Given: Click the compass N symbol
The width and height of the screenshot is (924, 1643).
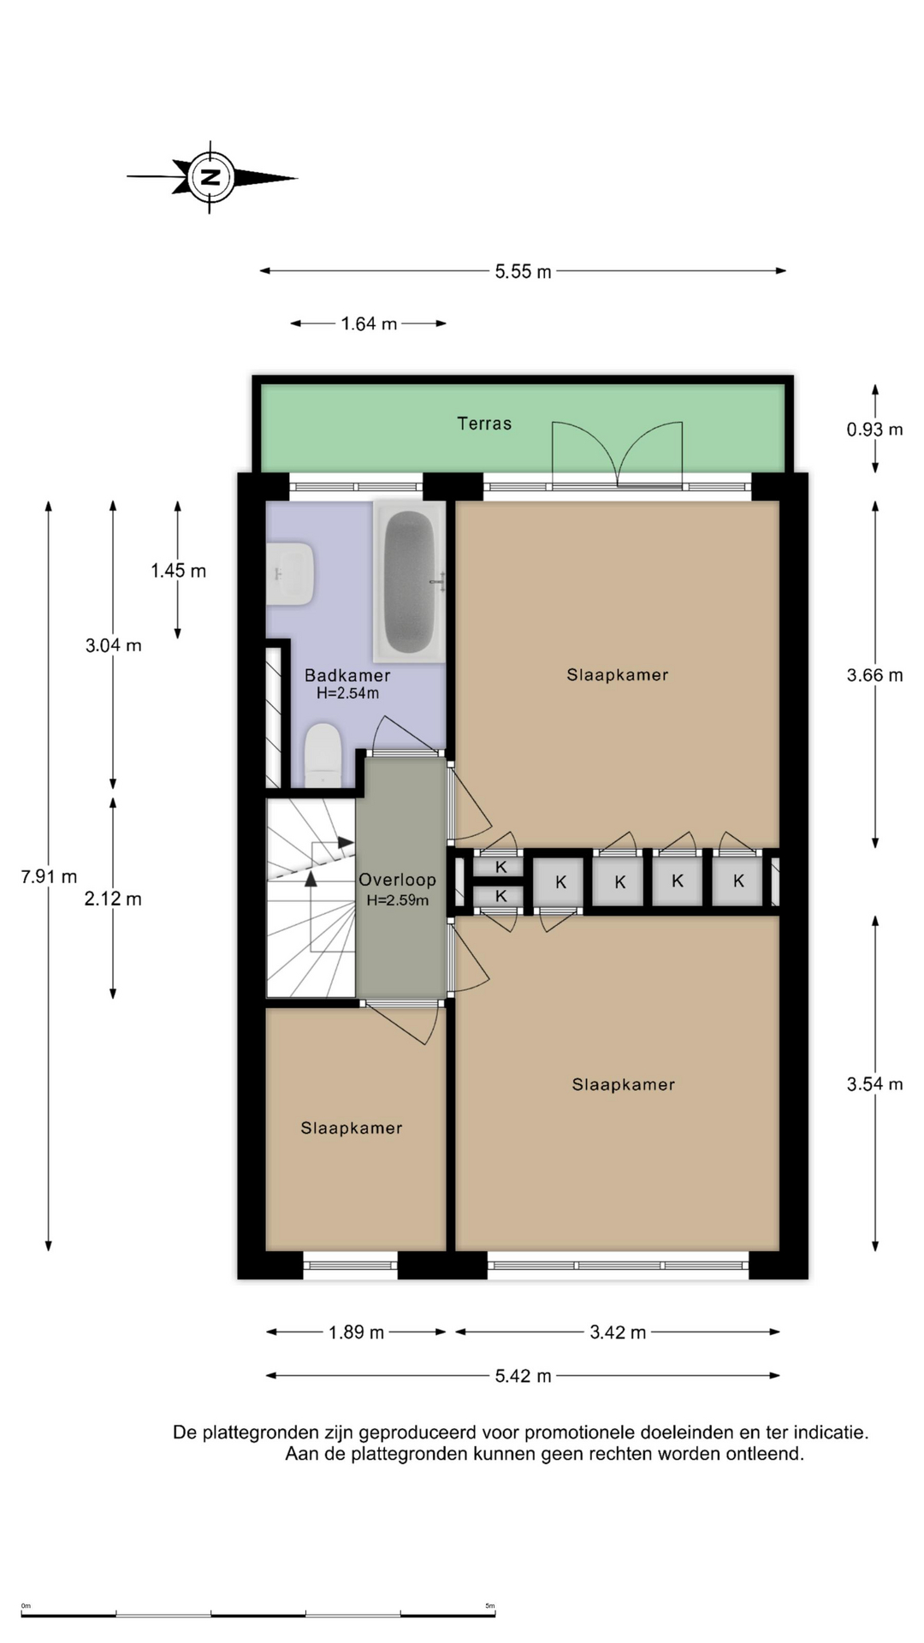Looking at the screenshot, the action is pyautogui.click(x=210, y=177).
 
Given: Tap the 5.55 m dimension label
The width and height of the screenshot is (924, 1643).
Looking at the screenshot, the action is pyautogui.click(x=523, y=271).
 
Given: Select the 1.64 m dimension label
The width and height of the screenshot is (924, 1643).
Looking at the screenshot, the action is pyautogui.click(x=369, y=323).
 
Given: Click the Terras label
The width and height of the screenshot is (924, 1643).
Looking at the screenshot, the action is pyautogui.click(x=484, y=424).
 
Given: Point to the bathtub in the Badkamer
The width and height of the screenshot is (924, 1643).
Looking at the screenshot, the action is pyautogui.click(x=409, y=581).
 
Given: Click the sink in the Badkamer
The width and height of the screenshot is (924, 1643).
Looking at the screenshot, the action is pyautogui.click(x=290, y=573).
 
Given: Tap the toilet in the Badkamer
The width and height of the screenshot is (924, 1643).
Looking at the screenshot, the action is pyautogui.click(x=323, y=755).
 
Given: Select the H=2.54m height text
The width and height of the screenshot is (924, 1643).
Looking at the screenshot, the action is pyautogui.click(x=347, y=693).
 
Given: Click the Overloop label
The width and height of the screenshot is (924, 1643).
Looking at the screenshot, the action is pyautogui.click(x=397, y=880).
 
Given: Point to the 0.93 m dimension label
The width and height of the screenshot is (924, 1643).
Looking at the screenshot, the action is pyautogui.click(x=874, y=429).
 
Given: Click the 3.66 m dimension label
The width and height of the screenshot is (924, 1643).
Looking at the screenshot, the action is pyautogui.click(x=874, y=675).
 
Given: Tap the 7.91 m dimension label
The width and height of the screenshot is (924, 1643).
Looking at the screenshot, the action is pyautogui.click(x=49, y=876).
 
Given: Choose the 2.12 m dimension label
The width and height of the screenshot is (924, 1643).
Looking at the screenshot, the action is pyautogui.click(x=113, y=899).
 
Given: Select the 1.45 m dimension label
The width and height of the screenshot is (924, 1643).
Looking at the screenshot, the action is pyautogui.click(x=178, y=571).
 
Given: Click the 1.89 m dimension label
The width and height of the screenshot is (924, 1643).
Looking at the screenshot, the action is pyautogui.click(x=356, y=1332).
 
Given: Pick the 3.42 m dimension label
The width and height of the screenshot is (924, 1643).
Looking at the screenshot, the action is pyautogui.click(x=618, y=1332).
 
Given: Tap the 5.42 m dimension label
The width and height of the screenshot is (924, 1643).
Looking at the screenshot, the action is pyautogui.click(x=523, y=1376).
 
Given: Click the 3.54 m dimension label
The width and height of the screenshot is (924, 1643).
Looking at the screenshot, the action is pyautogui.click(x=874, y=1084).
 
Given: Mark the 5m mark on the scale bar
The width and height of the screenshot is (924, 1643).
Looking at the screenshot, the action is pyautogui.click(x=490, y=1605).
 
